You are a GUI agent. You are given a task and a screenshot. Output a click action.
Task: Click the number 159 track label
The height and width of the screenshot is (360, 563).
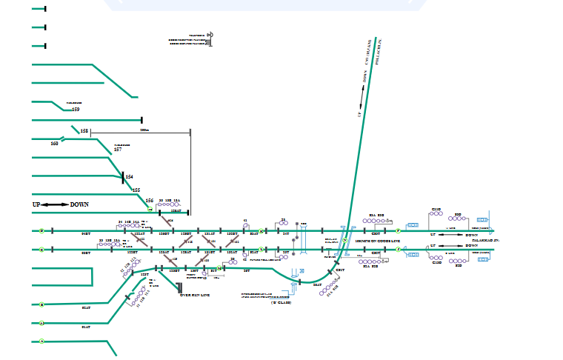tap(76, 110)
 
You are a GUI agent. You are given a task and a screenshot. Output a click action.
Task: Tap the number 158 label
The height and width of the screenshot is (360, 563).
tap(84, 131)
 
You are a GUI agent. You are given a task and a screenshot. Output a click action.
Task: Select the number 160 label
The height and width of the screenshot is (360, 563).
tap(54, 143)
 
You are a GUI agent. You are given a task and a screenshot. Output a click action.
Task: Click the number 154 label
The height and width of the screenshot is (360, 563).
tap(129, 177)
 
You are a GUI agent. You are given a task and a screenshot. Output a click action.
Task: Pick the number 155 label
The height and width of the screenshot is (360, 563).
tap(136, 190)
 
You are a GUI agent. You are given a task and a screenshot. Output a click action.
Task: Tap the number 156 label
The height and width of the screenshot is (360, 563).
tap(149, 201)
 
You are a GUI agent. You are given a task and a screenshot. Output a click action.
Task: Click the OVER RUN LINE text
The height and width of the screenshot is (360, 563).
tap(196, 295)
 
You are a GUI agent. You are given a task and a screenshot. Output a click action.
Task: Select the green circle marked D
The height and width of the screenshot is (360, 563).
tap(41, 231)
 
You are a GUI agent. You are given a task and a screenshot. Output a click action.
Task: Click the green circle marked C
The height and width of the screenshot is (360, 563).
tap(41, 250)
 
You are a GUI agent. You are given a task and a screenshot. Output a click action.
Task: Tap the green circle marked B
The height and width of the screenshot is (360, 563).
tap(41, 304)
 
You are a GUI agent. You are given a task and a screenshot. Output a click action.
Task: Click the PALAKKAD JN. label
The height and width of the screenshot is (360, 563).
tap(487, 241)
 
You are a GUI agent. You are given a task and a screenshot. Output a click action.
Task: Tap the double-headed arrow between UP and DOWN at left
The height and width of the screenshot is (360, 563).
tap(55, 204)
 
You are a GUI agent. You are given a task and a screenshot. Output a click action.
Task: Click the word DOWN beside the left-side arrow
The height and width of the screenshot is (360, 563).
tap(79, 204)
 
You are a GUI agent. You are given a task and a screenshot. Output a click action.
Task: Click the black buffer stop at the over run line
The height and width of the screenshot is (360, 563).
tap(179, 287)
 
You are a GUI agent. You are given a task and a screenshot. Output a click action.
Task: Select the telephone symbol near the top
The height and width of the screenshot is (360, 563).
tap(210, 35)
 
